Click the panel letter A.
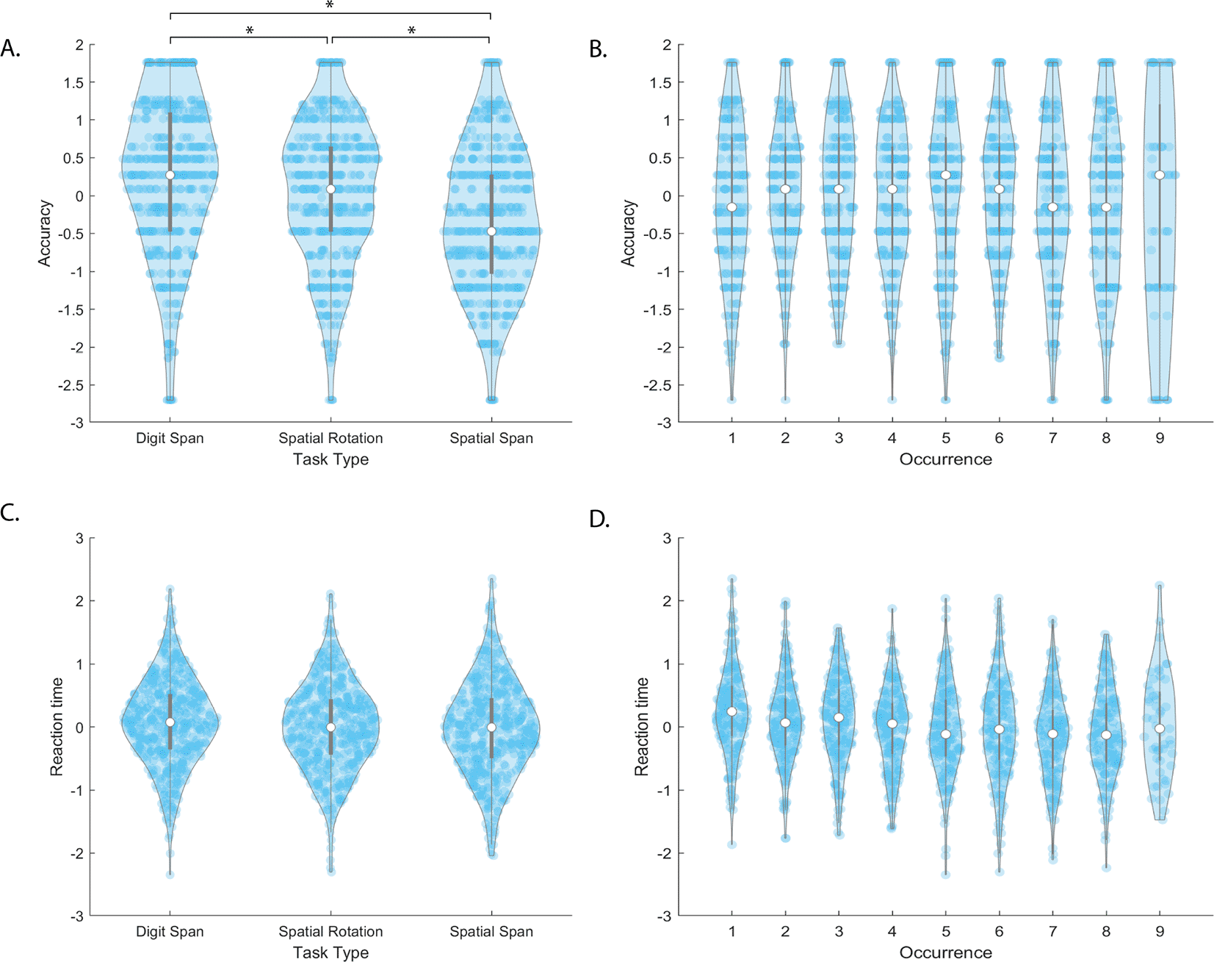pyautogui.click(x=10, y=49)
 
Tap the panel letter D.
pyautogui.click(x=599, y=520)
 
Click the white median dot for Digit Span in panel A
pyautogui.click(x=170, y=175)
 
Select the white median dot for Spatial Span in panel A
pyautogui.click(x=491, y=231)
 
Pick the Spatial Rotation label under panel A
pyautogui.click(x=330, y=438)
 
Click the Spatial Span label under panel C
pyautogui.click(x=491, y=931)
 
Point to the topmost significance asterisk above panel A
pyautogui.click(x=330, y=6)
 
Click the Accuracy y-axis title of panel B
pyautogui.click(x=628, y=233)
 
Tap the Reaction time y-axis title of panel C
pyautogui.click(x=57, y=727)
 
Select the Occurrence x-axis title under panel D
pyautogui.click(x=945, y=952)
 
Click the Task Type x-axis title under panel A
pyautogui.click(x=330, y=459)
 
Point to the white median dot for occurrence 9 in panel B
pyautogui.click(x=1160, y=175)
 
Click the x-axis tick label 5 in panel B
pyautogui.click(x=946, y=438)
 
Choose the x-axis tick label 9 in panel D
pyautogui.click(x=1160, y=931)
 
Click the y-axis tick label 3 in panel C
pyautogui.click(x=79, y=539)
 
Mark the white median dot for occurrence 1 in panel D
pyautogui.click(x=732, y=711)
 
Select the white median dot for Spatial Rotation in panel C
pyautogui.click(x=330, y=727)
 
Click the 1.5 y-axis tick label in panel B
pyautogui.click(x=661, y=82)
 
